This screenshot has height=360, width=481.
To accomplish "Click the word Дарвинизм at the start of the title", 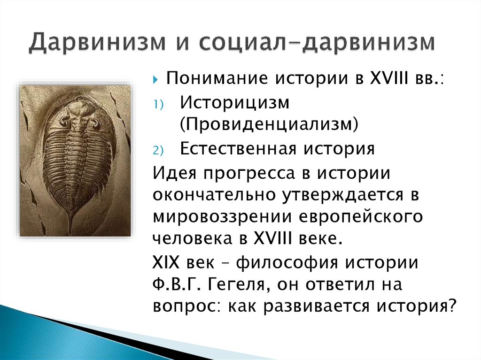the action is (x=98, y=42).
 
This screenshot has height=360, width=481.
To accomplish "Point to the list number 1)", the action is (x=158, y=105).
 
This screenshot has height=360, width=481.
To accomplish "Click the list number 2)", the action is (x=158, y=151).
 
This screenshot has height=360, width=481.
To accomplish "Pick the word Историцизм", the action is (x=235, y=103).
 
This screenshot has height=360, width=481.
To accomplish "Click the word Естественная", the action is (x=238, y=149).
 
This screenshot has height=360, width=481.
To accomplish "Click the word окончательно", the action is (x=214, y=195).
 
